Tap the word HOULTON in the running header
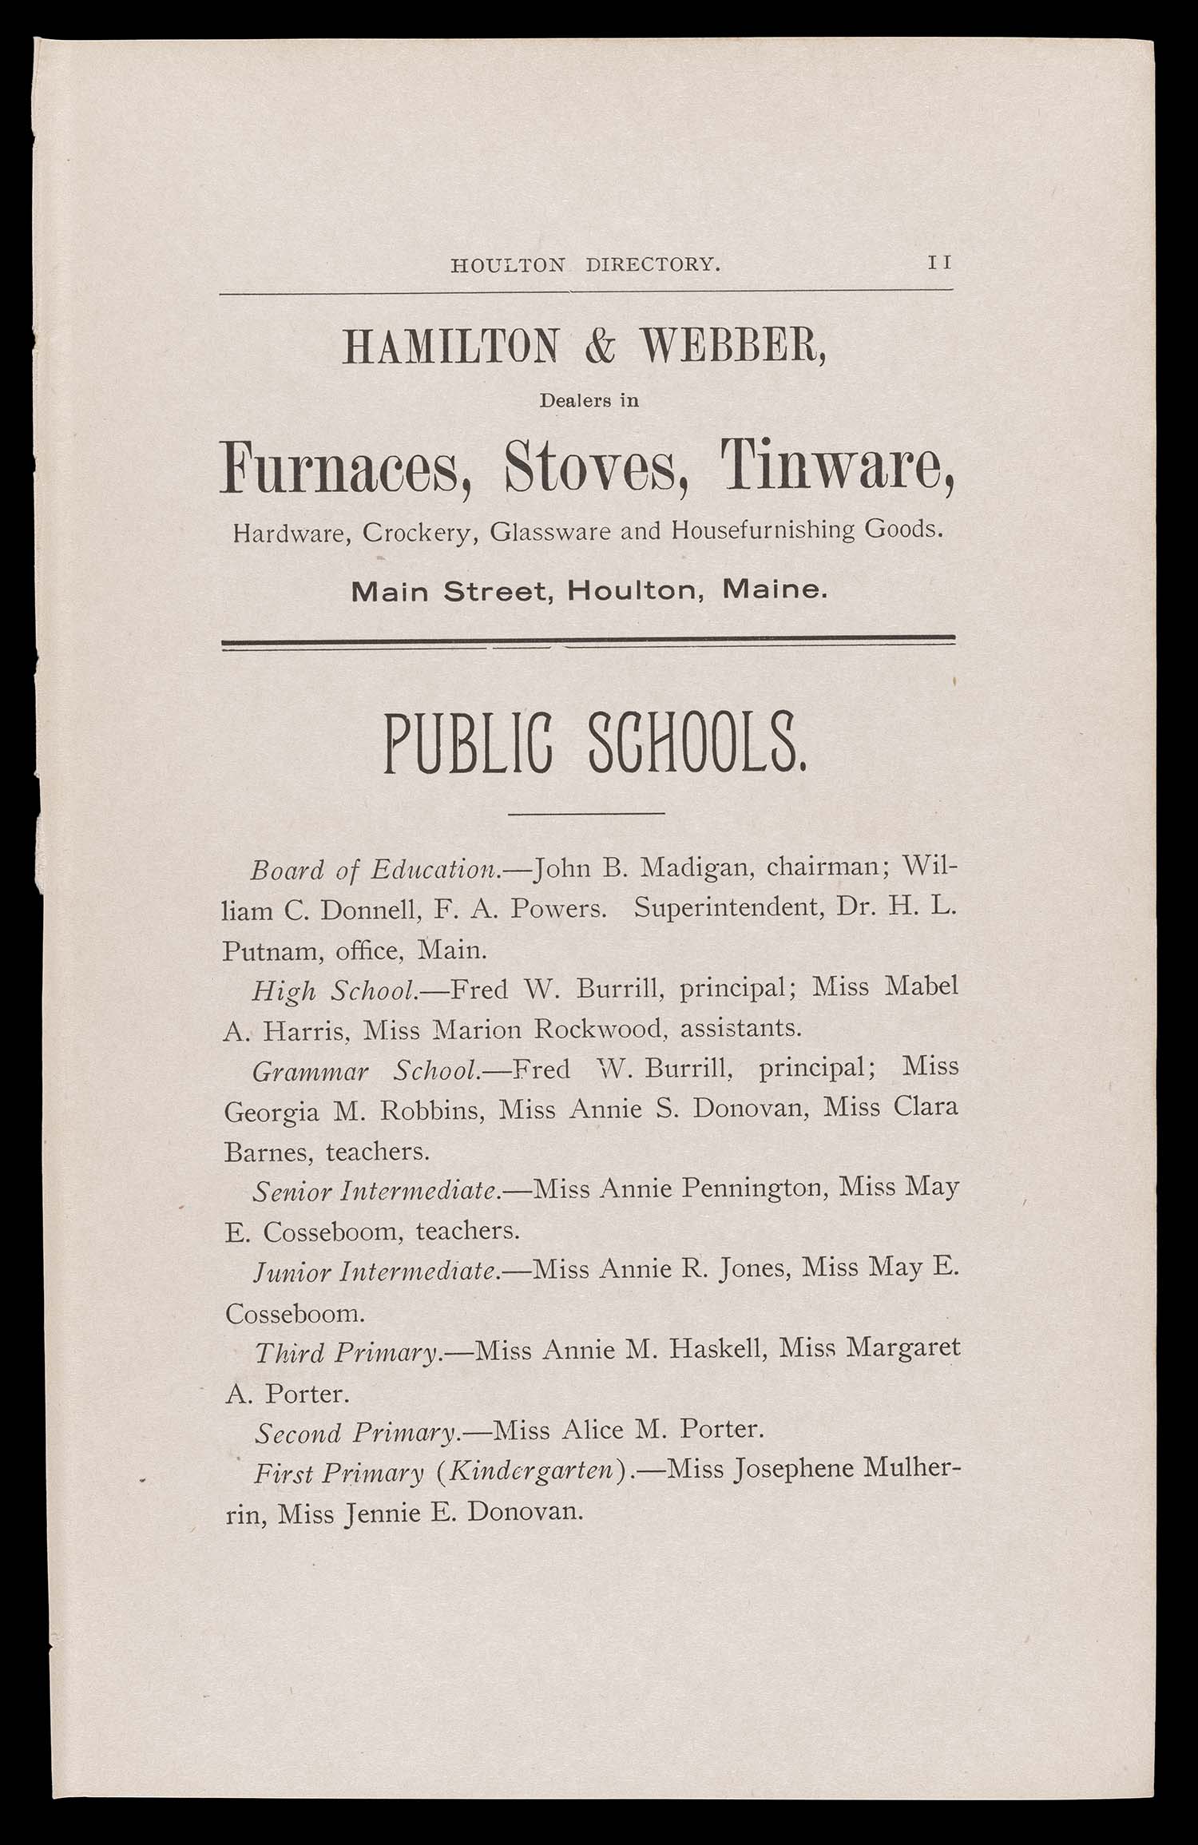click(x=508, y=264)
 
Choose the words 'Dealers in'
click(x=589, y=401)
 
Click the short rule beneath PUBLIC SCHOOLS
click(x=587, y=814)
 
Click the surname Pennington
click(x=750, y=1189)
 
